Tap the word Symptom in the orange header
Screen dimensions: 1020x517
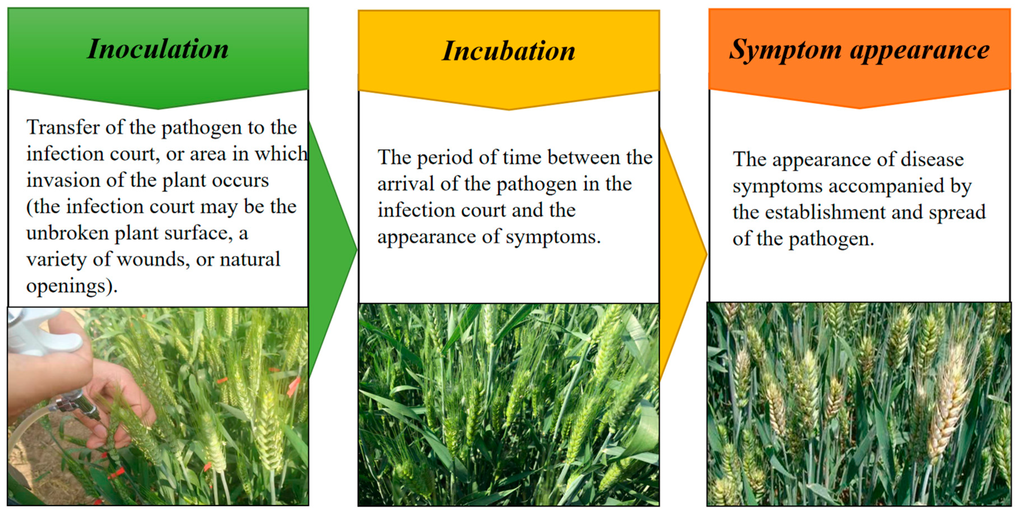(x=785, y=50)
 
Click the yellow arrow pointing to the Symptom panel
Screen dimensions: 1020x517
(x=683, y=253)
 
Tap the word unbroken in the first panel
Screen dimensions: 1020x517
(x=67, y=233)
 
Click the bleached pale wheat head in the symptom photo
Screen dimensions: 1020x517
(x=950, y=400)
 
